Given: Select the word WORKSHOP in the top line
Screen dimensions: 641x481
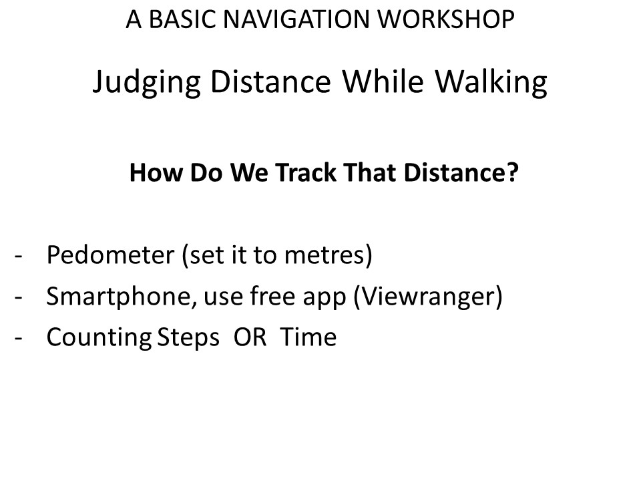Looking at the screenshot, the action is click(445, 19).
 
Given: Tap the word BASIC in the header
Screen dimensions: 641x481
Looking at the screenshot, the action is click(182, 19).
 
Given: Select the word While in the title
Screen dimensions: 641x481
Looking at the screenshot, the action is click(383, 81).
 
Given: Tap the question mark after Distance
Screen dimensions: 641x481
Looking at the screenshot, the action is click(513, 172).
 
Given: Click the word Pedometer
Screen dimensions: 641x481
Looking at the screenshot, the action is click(110, 255).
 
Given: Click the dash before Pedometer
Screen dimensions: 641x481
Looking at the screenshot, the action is click(18, 257).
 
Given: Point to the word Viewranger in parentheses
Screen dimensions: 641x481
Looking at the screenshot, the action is click(428, 297).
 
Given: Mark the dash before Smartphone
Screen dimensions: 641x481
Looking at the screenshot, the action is click(18, 298).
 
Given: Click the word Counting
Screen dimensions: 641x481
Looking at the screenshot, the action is click(99, 338).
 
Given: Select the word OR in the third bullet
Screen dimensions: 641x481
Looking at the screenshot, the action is click(250, 337).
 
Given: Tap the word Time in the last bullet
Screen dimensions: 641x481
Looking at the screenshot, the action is click(308, 337).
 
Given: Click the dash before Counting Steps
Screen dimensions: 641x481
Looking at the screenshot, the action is click(18, 339).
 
